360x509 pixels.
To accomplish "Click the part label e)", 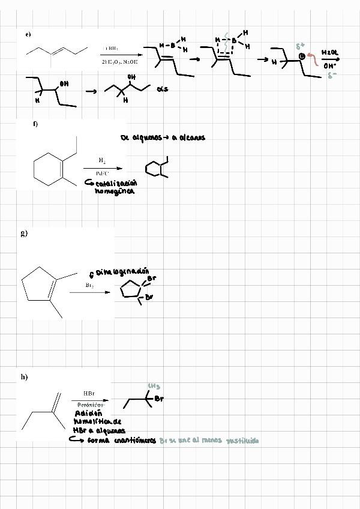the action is (x=28, y=34).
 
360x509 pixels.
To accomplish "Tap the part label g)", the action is (x=24, y=233).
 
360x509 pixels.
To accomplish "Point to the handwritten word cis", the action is (x=162, y=89).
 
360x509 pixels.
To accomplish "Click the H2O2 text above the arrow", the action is (x=330, y=53).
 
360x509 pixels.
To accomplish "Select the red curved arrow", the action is (x=313, y=61).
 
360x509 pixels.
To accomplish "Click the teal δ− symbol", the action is (x=331, y=76).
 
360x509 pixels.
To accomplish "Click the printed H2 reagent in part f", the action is (x=102, y=161).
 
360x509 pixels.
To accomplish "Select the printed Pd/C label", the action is (x=102, y=173).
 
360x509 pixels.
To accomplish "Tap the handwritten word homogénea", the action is (x=114, y=191).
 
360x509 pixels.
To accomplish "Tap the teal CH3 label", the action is (x=154, y=387).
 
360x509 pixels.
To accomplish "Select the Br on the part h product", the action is (x=159, y=399).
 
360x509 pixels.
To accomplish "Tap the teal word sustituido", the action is (x=242, y=441).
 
